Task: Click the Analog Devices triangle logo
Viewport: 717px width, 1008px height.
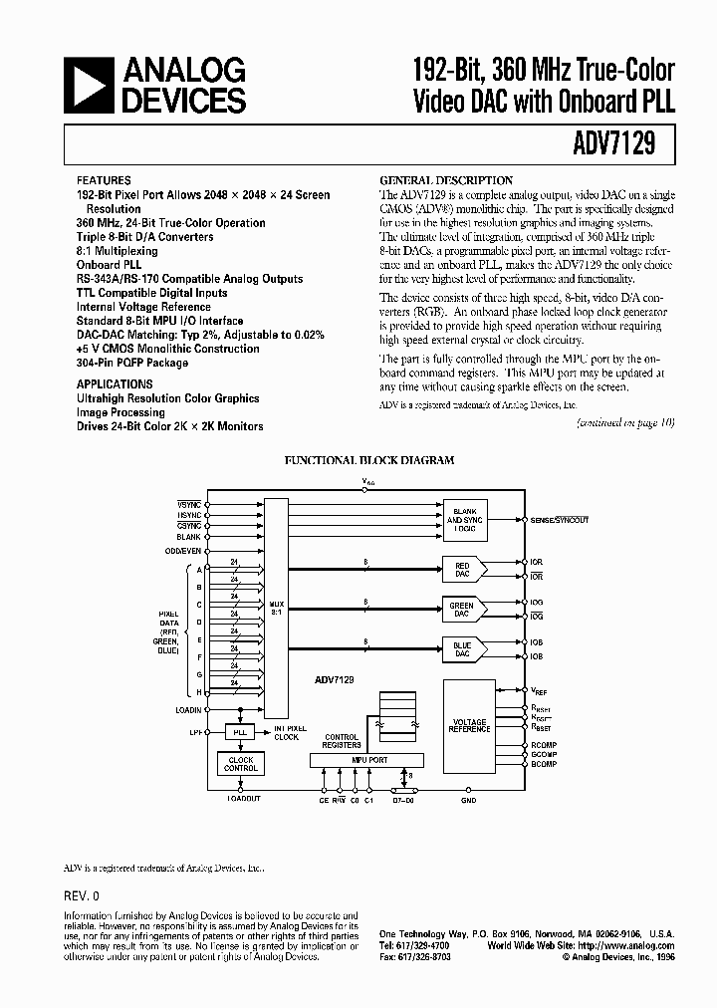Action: [x=89, y=85]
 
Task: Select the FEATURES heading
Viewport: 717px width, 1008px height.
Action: [x=103, y=181]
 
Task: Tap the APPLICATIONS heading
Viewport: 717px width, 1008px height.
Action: [x=115, y=383]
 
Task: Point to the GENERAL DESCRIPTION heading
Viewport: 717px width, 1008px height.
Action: [x=447, y=180]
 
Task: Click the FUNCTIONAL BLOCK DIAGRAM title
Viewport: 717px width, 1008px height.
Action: [x=369, y=460]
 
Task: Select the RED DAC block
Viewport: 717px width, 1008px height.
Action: [x=463, y=569]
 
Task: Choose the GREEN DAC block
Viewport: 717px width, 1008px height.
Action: [x=463, y=609]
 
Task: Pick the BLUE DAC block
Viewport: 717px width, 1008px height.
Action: [x=463, y=649]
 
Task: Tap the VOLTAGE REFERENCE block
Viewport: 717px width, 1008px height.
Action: [x=469, y=726]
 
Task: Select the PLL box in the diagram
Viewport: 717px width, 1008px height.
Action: [x=239, y=732]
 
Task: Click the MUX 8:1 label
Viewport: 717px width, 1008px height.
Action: [x=277, y=608]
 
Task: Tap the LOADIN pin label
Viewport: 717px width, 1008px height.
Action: [x=188, y=709]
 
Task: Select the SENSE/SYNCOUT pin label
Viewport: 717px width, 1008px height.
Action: [x=561, y=520]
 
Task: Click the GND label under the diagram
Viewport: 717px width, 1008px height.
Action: [x=469, y=800]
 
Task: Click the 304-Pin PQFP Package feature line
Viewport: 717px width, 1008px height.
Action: [x=133, y=364]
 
